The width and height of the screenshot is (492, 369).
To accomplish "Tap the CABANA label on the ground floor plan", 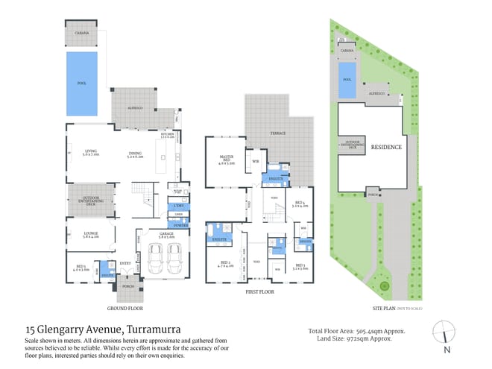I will (82, 34).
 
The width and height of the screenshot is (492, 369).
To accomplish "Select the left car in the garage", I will (156, 259).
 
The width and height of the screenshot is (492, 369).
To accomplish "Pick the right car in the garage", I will (175, 259).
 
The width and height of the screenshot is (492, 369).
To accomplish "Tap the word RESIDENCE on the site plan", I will (386, 147).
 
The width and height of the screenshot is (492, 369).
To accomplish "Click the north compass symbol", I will (446, 331).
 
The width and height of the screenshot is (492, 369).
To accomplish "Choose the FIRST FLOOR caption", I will (261, 293).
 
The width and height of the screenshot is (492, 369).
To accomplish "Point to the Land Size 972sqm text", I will (345, 340).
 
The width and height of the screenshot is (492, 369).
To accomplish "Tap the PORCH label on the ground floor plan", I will (128, 286).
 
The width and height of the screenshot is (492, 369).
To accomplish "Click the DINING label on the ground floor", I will (134, 154).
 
